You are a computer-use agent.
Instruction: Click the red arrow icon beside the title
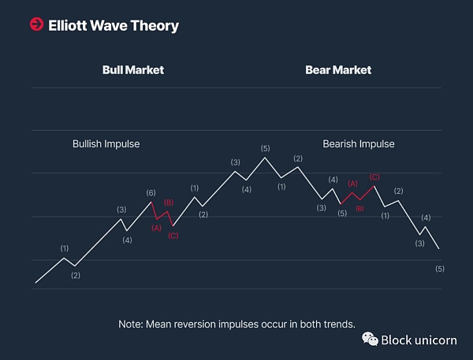[36, 25]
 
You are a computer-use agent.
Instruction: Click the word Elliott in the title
[69, 25]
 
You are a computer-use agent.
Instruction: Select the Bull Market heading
[133, 70]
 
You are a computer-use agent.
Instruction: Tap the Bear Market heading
[338, 70]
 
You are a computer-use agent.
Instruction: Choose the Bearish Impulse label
[359, 144]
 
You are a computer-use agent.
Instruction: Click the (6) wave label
[151, 193]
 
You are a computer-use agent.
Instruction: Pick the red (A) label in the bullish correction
[156, 228]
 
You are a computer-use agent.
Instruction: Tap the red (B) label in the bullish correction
[168, 203]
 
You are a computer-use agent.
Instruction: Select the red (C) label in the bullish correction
[173, 236]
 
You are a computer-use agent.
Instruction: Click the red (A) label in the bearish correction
[352, 183]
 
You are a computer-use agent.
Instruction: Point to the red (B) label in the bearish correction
[359, 208]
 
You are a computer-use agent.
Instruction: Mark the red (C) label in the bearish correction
[374, 176]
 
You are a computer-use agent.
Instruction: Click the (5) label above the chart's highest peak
[265, 148]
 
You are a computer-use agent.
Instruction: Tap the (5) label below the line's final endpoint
[440, 269]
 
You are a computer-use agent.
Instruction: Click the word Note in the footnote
[130, 323]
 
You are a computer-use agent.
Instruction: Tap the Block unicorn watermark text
[419, 340]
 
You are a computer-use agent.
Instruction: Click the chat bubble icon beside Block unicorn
[370, 339]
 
